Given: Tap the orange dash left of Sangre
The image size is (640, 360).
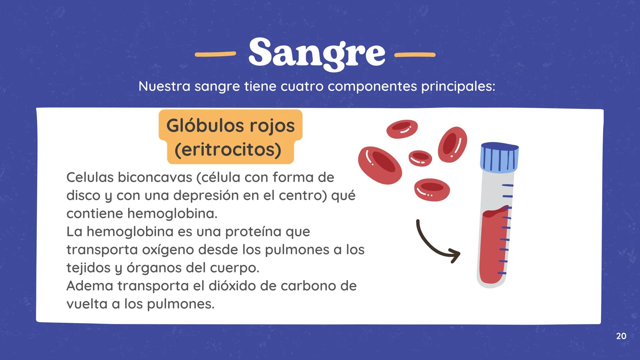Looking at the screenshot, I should [x=215, y=54].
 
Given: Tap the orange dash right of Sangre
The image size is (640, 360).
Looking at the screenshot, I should [x=415, y=54].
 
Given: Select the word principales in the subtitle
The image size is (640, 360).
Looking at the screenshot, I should [x=458, y=86].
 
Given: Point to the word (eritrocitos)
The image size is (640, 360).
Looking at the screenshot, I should [x=228, y=150].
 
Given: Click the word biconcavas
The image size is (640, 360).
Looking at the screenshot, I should [x=155, y=177].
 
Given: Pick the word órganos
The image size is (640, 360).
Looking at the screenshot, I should [x=154, y=268].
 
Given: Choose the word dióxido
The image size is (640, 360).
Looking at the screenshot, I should [x=232, y=286].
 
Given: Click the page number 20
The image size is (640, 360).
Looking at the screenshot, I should [x=621, y=336].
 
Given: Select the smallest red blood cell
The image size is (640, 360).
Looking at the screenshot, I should [x=420, y=157].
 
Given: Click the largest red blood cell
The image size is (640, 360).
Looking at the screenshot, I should [x=380, y=165].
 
